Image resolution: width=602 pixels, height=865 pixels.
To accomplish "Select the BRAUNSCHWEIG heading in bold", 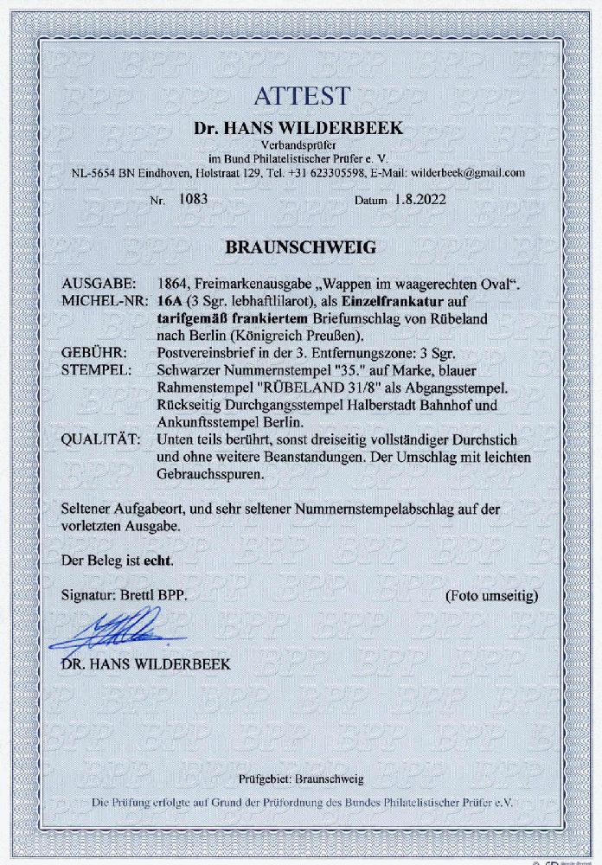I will [x=300, y=247].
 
